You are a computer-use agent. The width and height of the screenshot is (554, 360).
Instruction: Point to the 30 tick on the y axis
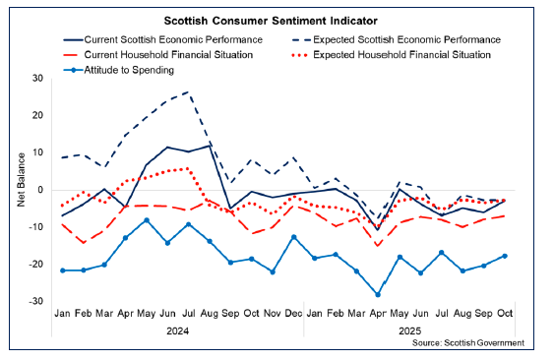coord(38,78)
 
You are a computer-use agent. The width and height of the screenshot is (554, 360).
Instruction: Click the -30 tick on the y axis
coord(36,302)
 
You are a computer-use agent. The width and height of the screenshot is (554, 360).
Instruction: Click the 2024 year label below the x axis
coord(179,331)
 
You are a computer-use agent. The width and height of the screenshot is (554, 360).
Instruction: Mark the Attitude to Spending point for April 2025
coord(378,294)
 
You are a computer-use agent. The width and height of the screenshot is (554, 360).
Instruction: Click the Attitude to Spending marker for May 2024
coord(147,220)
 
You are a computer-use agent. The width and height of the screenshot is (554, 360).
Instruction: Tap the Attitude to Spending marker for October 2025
coord(506,256)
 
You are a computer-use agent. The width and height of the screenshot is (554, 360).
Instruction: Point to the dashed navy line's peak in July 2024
coord(188,92)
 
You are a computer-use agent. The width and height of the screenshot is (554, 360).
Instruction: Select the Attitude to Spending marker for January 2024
coord(63,270)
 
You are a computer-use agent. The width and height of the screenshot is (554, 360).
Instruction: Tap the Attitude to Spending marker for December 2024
coord(293,237)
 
